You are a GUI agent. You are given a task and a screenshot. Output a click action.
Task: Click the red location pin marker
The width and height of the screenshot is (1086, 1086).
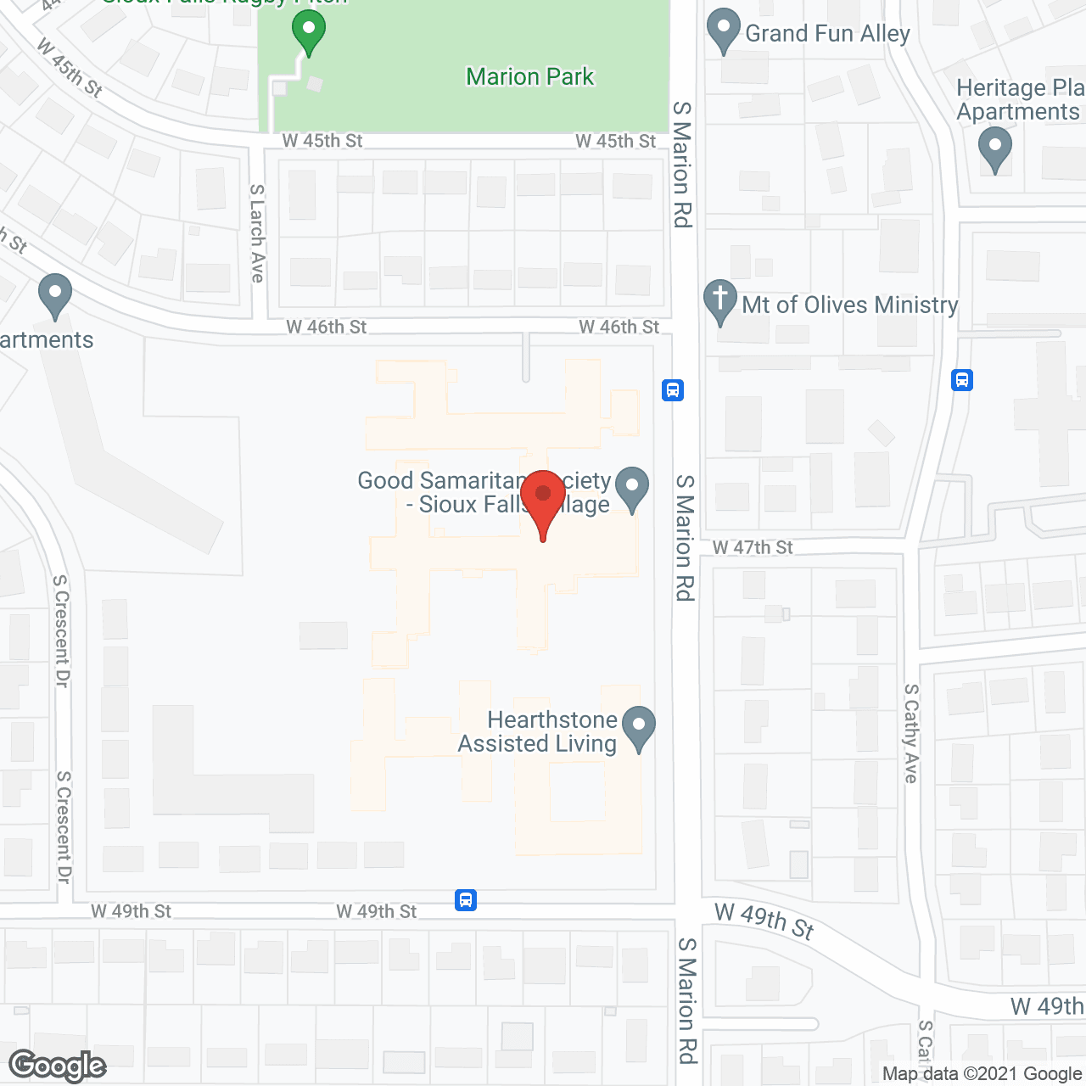(543, 501)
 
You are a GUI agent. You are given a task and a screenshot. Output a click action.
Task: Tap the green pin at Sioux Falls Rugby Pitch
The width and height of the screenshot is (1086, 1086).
(309, 32)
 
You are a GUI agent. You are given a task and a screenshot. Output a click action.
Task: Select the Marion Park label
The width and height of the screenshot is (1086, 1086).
(530, 76)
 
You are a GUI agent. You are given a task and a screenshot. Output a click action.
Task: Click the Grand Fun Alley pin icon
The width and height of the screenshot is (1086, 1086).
(724, 31)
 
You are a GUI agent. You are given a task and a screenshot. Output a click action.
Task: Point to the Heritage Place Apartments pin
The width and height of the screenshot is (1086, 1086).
(995, 148)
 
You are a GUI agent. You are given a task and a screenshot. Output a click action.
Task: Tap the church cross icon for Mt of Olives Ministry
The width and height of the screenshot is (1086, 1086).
(720, 301)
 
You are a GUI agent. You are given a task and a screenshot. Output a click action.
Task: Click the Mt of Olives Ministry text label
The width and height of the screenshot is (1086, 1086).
(850, 305)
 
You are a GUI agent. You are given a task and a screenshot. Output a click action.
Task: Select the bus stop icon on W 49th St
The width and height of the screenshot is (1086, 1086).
(466, 899)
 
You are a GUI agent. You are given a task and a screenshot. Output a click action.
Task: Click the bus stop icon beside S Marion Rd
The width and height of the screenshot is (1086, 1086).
(673, 390)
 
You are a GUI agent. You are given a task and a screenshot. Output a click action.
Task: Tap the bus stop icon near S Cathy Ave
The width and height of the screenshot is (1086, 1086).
(962, 379)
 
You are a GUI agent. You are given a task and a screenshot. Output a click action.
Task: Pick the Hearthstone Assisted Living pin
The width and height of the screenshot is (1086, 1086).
(639, 728)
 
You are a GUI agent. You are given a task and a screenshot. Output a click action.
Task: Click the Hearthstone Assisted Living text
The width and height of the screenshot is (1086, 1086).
(538, 731)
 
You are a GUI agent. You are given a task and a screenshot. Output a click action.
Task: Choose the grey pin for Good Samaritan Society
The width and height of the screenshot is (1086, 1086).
(631, 488)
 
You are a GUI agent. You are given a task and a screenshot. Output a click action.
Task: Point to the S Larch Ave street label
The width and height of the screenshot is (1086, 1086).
(257, 233)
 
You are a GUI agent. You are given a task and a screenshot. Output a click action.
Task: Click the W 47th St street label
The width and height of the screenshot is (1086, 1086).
(753, 547)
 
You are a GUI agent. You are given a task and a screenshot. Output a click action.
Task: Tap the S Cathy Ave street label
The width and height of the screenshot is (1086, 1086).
(911, 733)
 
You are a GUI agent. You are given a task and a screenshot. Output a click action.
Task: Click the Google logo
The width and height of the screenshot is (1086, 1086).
(58, 1066)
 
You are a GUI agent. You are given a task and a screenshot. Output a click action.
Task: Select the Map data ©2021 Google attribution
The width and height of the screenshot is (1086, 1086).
(982, 1073)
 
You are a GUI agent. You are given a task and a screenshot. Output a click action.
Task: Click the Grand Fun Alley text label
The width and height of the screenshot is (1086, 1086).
(827, 33)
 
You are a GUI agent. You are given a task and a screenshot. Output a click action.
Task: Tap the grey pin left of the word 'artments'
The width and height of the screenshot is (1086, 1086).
(55, 295)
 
